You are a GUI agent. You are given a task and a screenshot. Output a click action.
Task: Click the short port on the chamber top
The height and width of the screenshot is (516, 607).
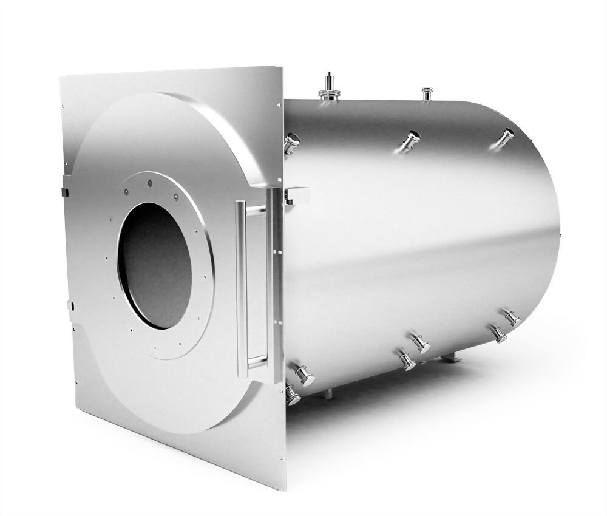point(427,93)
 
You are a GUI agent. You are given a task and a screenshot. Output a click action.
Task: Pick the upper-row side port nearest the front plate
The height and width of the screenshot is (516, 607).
point(291,142)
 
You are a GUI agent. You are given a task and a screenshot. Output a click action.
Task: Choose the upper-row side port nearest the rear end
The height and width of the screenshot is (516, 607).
point(506,137)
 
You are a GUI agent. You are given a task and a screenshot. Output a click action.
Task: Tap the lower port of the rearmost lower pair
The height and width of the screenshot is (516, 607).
point(498,333)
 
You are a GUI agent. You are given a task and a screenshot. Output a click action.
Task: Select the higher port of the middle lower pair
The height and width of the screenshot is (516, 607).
point(420,343)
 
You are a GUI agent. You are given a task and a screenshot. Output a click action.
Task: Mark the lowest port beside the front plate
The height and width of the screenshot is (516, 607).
point(292,395)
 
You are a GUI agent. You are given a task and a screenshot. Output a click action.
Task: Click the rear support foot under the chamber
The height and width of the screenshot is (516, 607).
point(450,359)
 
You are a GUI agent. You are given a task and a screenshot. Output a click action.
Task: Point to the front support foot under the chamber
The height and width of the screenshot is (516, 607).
point(328,393)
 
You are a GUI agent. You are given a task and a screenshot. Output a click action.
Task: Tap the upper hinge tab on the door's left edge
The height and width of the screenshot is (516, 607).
point(64,192)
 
